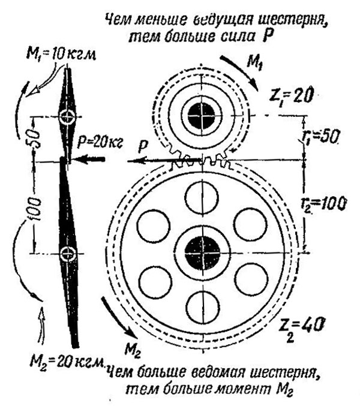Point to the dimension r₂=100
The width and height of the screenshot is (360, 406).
(x=325, y=203)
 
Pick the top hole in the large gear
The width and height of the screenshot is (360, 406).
(x=203, y=197)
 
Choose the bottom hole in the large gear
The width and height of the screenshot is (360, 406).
(x=203, y=307)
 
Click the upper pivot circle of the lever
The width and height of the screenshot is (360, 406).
(x=67, y=116)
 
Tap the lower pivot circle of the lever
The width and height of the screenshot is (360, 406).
(x=69, y=254)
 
